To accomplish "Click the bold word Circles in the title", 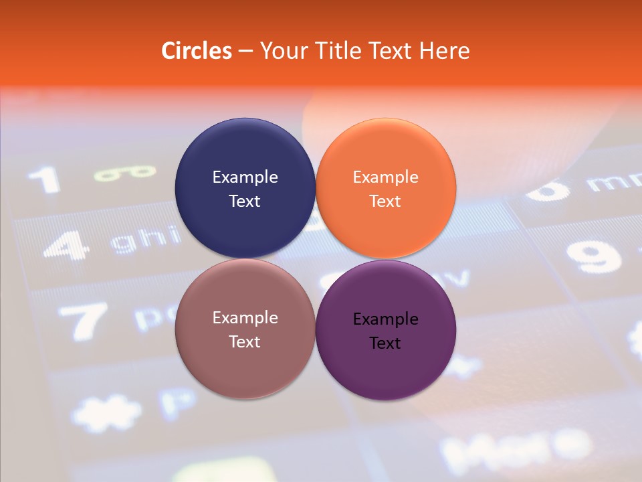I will tap(197, 51).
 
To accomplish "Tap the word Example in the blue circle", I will tap(245, 177).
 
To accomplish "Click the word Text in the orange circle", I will tap(385, 201).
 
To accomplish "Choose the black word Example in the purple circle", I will tap(385, 319).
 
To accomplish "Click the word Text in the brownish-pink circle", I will tap(245, 341).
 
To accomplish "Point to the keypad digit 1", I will tap(45, 180).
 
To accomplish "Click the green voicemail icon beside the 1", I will tap(124, 173).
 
